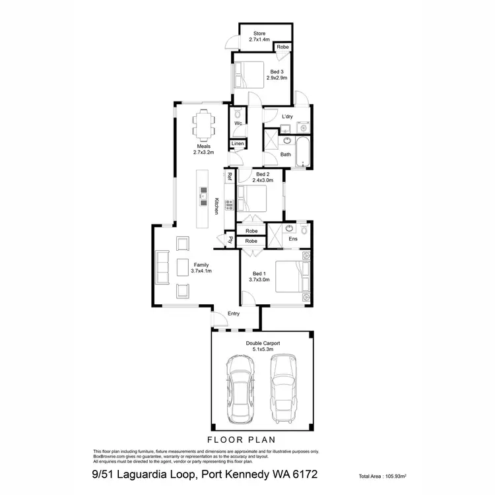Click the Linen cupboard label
(x=238, y=143)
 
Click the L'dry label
(x=287, y=117)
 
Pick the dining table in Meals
(x=203, y=124)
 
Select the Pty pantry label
(x=230, y=240)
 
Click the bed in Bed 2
(x=253, y=197)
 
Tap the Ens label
(x=293, y=238)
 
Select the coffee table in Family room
(x=183, y=267)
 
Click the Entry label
(x=234, y=313)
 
